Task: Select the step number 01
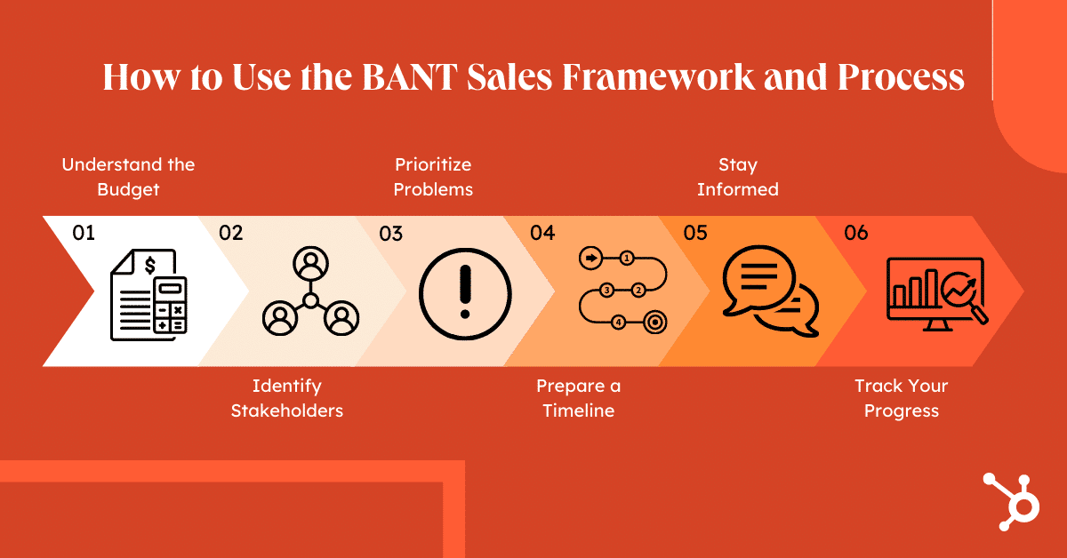click(x=84, y=233)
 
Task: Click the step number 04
click(x=542, y=233)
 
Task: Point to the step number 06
click(x=855, y=233)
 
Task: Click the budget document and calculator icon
click(x=148, y=294)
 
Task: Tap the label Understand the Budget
click(x=128, y=177)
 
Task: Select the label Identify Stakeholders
click(x=286, y=398)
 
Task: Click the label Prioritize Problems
click(x=433, y=177)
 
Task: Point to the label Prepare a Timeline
click(x=579, y=398)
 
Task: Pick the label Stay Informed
click(x=738, y=177)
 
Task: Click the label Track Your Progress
click(x=901, y=398)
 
